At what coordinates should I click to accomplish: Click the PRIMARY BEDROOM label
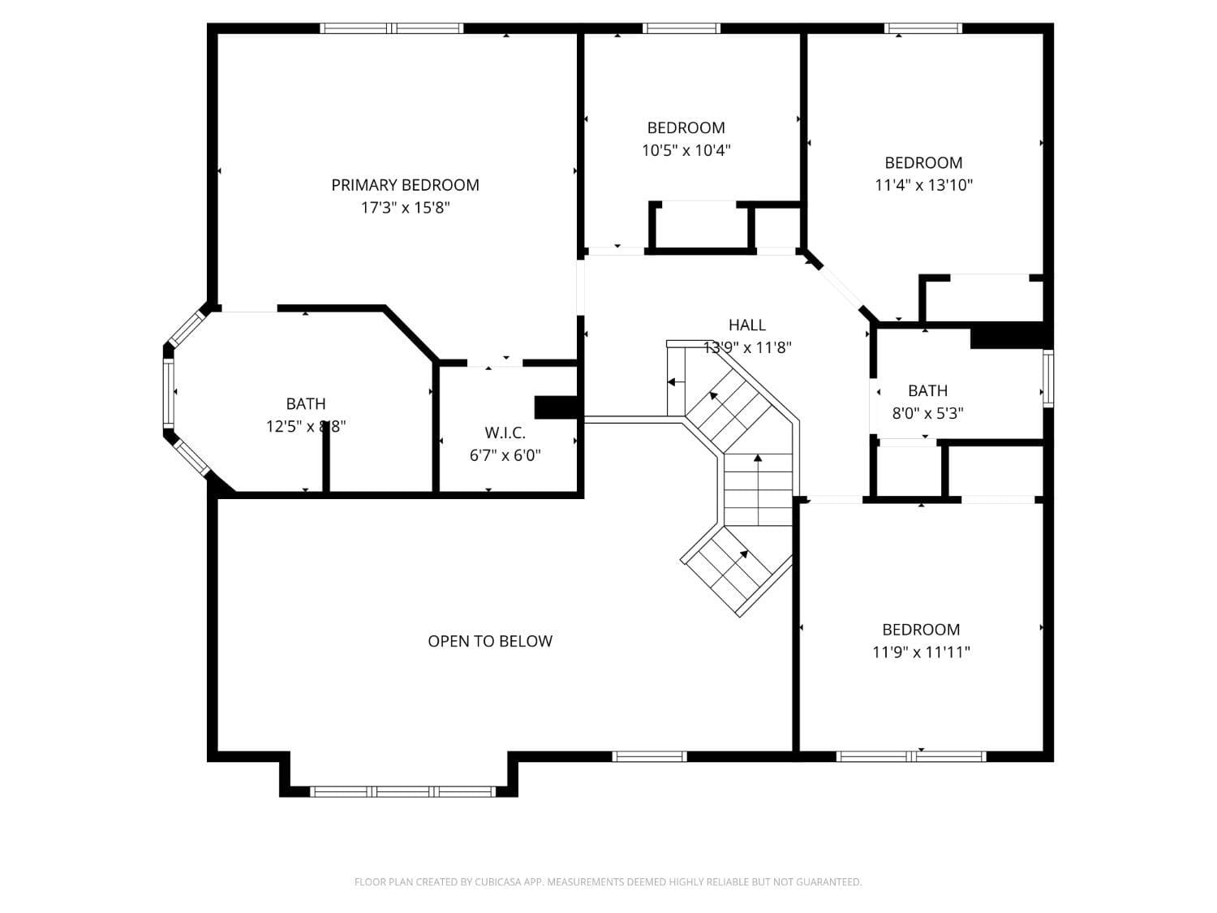[x=405, y=185]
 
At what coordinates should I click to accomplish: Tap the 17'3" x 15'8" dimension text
[x=405, y=208]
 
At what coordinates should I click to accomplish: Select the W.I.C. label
[x=505, y=433]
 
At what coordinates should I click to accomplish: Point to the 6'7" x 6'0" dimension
[x=505, y=455]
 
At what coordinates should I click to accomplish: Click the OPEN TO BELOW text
[x=490, y=641]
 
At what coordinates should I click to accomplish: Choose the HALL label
[x=746, y=325]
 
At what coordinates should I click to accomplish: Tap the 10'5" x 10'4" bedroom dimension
[x=686, y=150]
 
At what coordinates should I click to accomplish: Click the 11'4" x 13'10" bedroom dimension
[x=923, y=185]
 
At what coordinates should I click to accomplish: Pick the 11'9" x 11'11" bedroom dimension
[x=921, y=652]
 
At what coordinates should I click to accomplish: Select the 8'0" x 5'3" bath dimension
[x=927, y=413]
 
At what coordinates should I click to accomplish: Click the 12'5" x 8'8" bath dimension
[x=306, y=426]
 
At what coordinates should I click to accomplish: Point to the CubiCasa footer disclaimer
[x=608, y=882]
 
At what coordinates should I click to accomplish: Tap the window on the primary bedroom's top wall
[x=392, y=28]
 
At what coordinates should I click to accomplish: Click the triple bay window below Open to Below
[x=403, y=791]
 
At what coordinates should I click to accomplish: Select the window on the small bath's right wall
[x=1047, y=378]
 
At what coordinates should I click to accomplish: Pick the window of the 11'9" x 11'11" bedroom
[x=911, y=756]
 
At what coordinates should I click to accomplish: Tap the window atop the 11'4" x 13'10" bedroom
[x=923, y=28]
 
